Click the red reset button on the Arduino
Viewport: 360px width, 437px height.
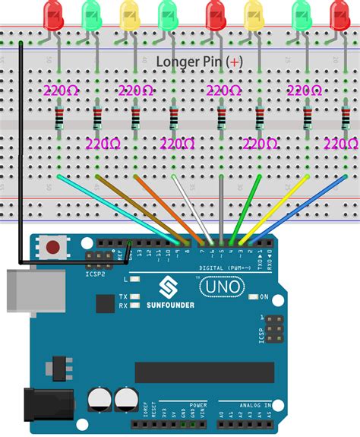(x=53, y=247)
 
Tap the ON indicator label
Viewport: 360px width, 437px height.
(x=264, y=297)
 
